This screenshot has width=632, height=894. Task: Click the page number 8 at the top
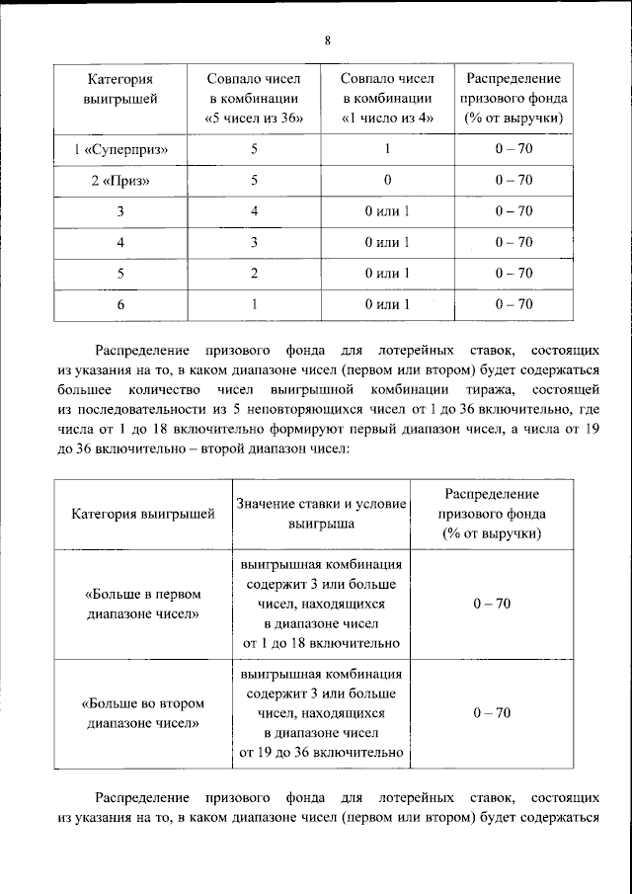(328, 41)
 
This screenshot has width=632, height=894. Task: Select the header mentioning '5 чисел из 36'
(254, 97)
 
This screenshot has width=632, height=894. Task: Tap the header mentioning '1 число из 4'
(387, 97)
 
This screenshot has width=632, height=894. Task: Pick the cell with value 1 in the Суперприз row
(387, 149)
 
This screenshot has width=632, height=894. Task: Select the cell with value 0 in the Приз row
(387, 180)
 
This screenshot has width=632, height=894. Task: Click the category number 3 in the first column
(119, 211)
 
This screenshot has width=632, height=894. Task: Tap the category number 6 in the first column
(119, 304)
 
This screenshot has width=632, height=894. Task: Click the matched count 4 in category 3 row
(254, 211)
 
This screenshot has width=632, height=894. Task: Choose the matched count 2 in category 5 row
(254, 273)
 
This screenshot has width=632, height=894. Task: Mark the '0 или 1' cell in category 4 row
(387, 242)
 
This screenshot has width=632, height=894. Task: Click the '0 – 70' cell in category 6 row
(513, 304)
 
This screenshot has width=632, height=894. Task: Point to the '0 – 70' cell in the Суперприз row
(513, 149)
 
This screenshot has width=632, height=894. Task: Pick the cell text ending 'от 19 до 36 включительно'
(322, 713)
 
